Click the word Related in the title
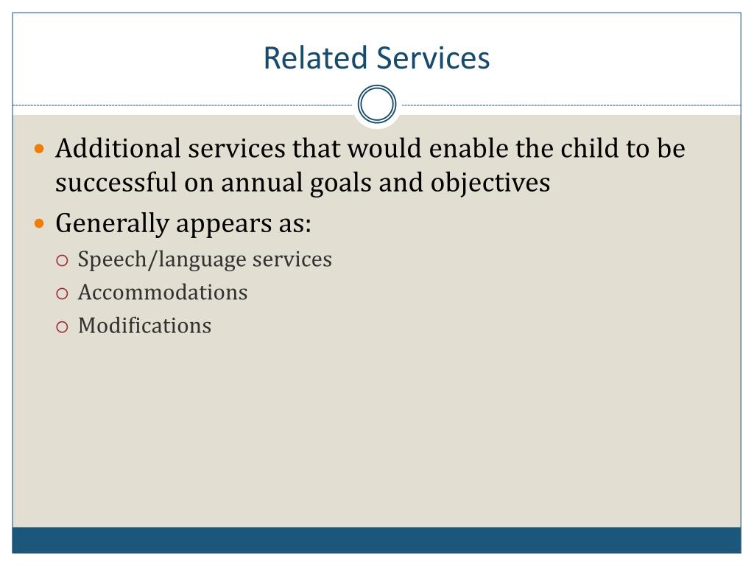pyautogui.click(x=315, y=57)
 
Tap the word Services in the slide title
pyautogui.click(x=433, y=57)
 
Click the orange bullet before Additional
pyautogui.click(x=40, y=149)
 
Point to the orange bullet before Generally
pyautogui.click(x=40, y=224)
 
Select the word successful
pyautogui.click(x=116, y=183)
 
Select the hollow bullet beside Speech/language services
pyautogui.click(x=62, y=261)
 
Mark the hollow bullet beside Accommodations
pyautogui.click(x=62, y=293)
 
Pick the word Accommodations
pyautogui.click(x=163, y=292)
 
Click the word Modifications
pyautogui.click(x=145, y=325)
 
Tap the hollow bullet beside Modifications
pyautogui.click(x=62, y=327)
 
